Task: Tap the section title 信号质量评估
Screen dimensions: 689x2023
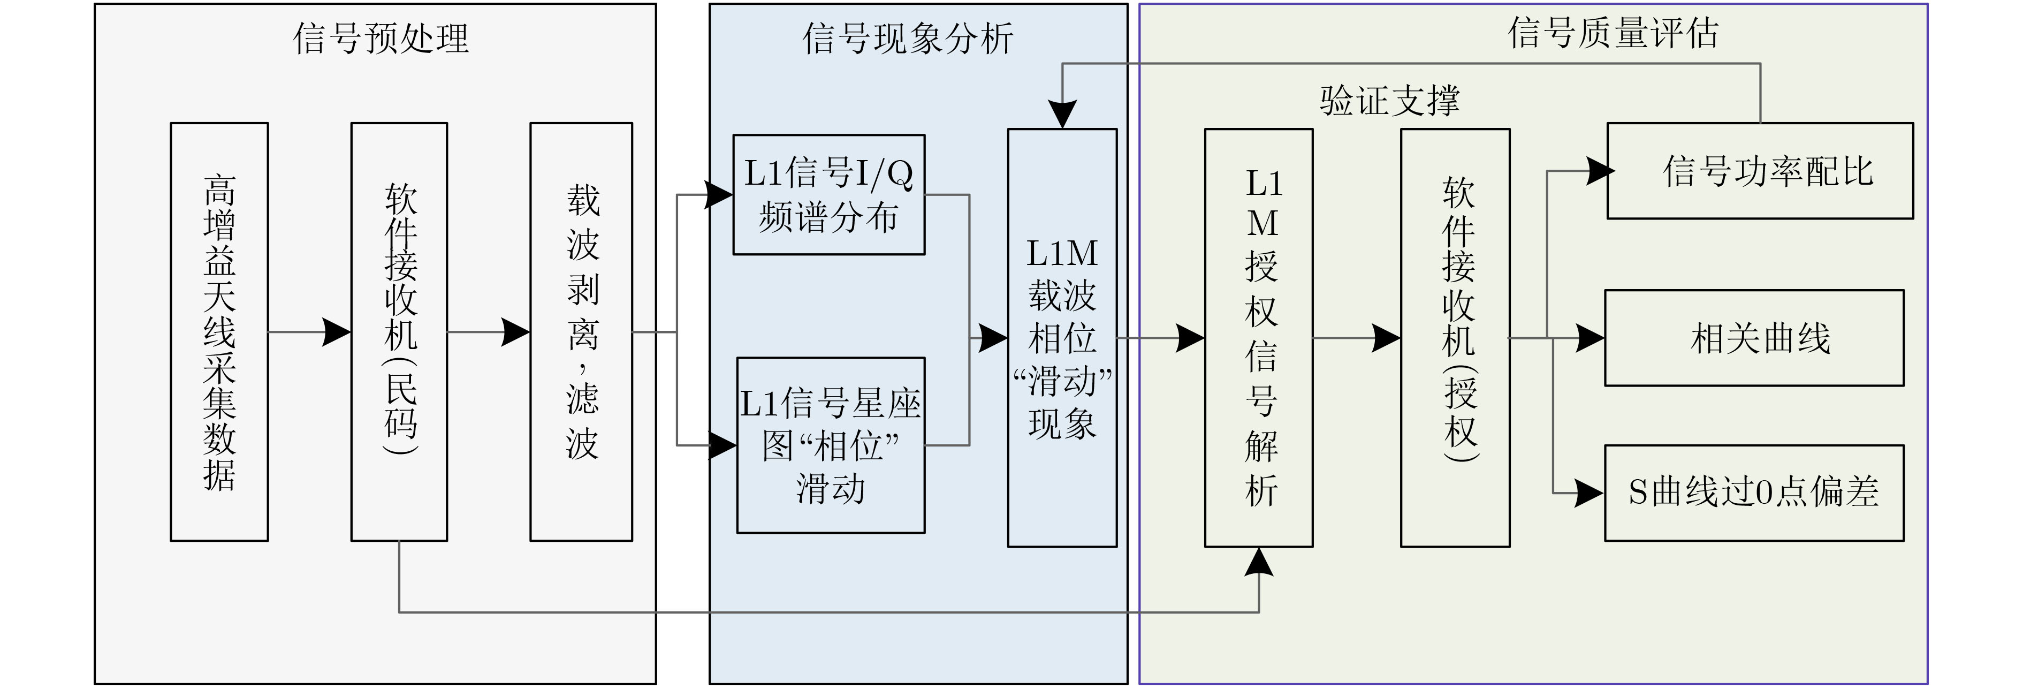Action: pyautogui.click(x=1613, y=33)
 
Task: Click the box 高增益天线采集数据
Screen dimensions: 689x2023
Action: pyautogui.click(x=219, y=331)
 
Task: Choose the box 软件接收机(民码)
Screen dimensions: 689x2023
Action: pyautogui.click(x=399, y=331)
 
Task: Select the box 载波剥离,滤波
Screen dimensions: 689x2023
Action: pyautogui.click(x=581, y=331)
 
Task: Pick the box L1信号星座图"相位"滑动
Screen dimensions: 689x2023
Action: pyautogui.click(x=830, y=445)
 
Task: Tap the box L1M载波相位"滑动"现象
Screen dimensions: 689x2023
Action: pyautogui.click(x=1062, y=338)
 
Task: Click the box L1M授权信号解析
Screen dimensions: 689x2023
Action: pyautogui.click(x=1259, y=338)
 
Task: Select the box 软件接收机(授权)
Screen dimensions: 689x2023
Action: pyautogui.click(x=1455, y=338)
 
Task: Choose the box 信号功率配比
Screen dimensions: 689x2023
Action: pyautogui.click(x=1760, y=170)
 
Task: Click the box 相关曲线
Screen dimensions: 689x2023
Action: pyautogui.click(x=1754, y=338)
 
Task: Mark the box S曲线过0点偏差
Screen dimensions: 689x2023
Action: pyautogui.click(x=1754, y=493)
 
